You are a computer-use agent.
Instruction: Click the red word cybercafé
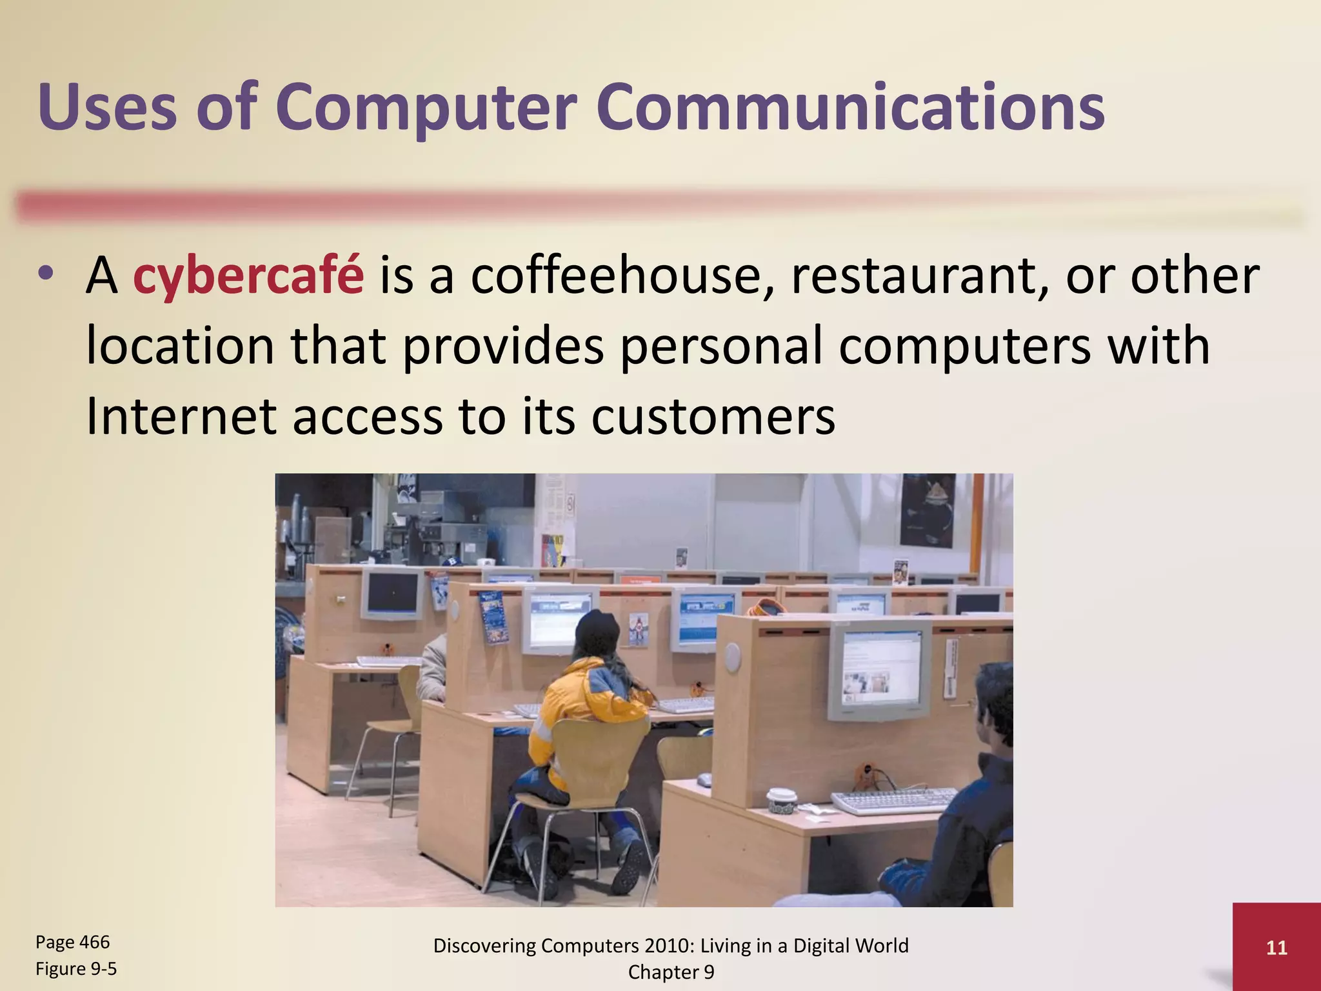[248, 276]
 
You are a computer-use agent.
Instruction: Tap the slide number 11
[1276, 947]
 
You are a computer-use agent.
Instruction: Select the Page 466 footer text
[72, 942]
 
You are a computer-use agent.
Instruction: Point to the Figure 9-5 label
[76, 968]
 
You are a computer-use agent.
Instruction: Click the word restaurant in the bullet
[920, 276]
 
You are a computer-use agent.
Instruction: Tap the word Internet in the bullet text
[181, 417]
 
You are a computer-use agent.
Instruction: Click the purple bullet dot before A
[45, 274]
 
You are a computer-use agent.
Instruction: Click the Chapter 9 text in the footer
[671, 972]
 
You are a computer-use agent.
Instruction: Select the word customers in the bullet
[713, 417]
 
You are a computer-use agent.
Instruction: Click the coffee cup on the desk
[782, 800]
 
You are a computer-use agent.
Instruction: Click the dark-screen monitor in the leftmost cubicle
[392, 594]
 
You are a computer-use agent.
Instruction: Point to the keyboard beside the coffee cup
[893, 800]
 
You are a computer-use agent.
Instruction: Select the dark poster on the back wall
[928, 510]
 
